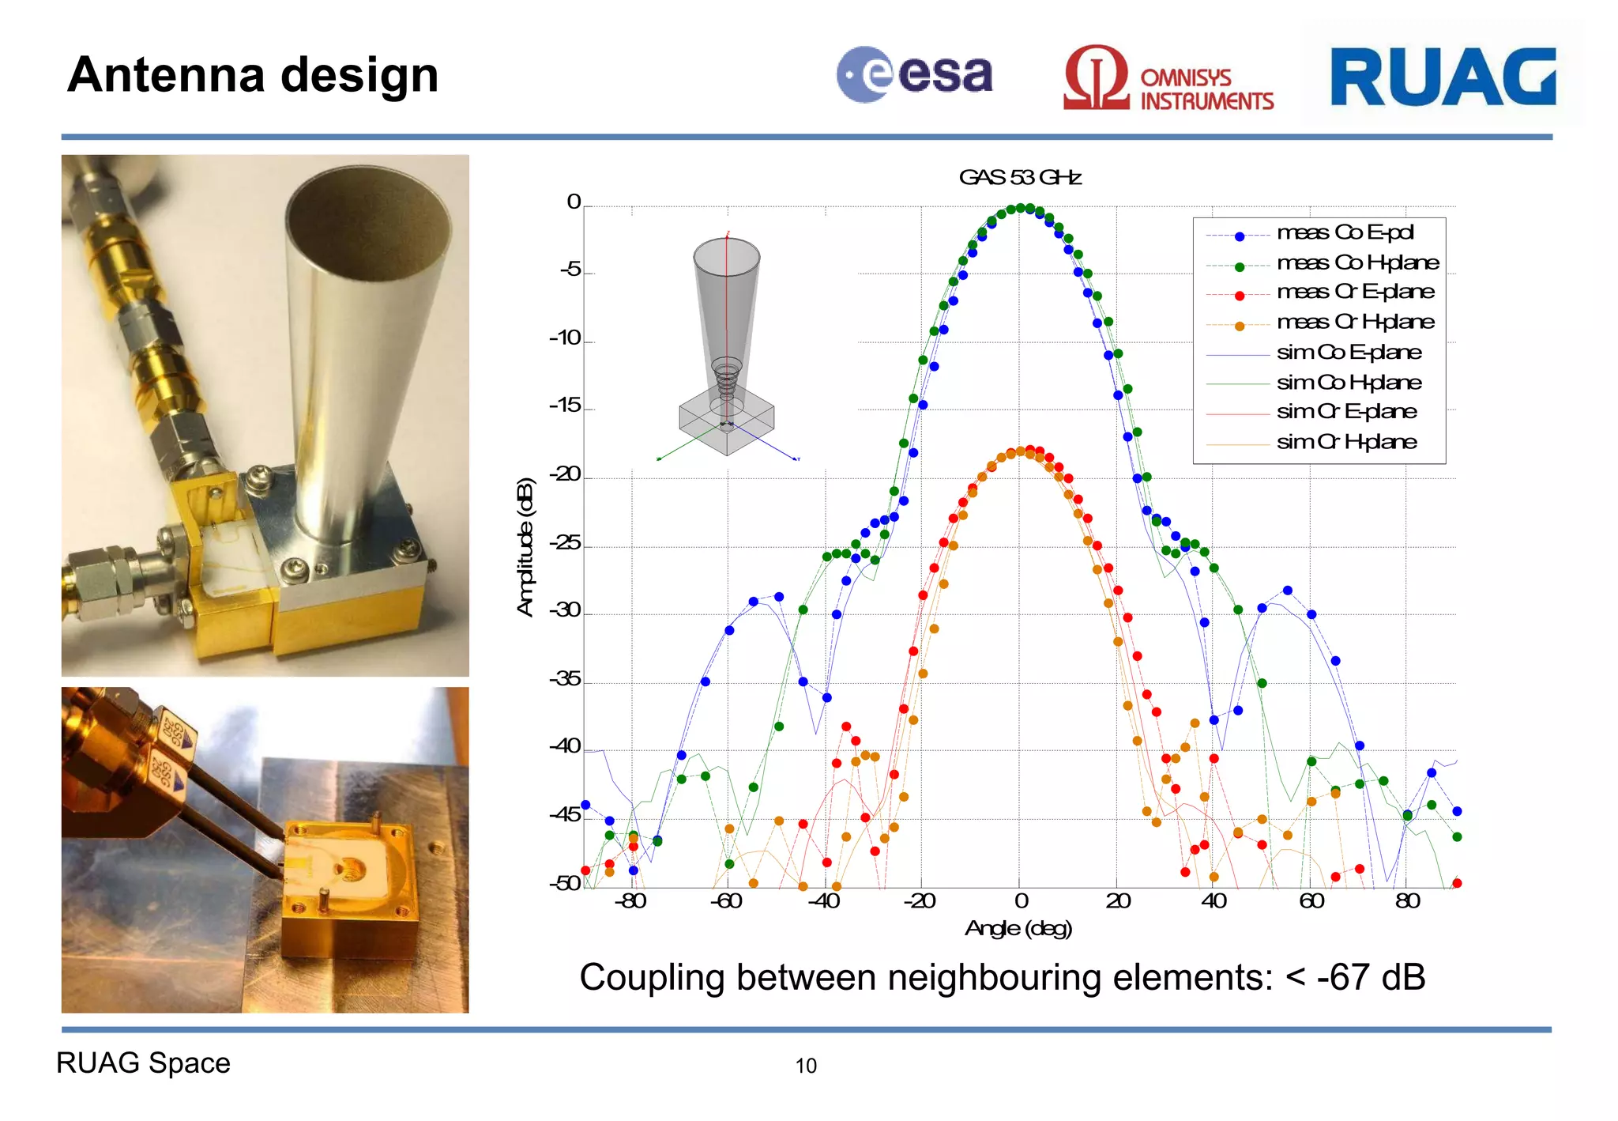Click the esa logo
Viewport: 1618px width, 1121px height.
coord(914,75)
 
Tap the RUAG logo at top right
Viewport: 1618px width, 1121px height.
coord(1443,77)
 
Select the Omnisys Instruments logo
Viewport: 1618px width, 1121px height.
coord(1168,79)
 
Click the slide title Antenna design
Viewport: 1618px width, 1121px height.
coord(253,75)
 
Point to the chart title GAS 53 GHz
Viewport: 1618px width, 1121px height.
coord(1019,177)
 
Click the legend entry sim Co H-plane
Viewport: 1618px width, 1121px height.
coord(1349,383)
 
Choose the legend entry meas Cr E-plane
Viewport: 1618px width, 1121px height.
coord(1355,292)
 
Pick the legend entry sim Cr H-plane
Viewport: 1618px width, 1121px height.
coord(1346,442)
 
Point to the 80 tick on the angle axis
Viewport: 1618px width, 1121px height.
coord(1407,901)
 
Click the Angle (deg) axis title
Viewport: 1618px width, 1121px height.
coord(1018,928)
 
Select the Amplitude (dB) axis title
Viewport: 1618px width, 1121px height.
coord(525,547)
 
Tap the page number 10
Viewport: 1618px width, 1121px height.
coord(805,1066)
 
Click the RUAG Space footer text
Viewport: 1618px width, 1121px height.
coord(143,1063)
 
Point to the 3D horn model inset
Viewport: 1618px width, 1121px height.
coord(726,348)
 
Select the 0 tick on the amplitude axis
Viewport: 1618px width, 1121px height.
coord(574,202)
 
